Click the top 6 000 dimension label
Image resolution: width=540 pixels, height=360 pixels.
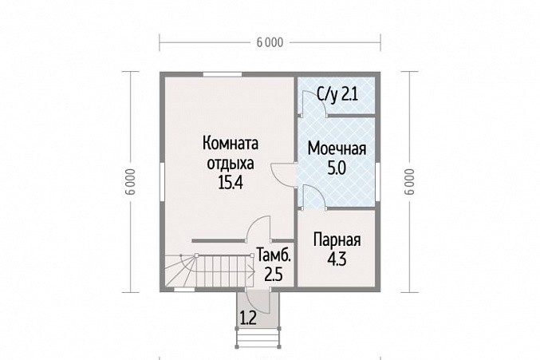tap(270, 42)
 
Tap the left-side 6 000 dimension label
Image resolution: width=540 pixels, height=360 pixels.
tap(131, 181)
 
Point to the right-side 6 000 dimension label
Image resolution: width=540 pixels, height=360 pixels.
tap(409, 181)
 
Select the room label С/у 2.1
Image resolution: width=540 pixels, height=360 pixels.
tap(337, 94)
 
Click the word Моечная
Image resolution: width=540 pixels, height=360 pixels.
tap(337, 148)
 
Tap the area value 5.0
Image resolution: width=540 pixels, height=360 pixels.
tap(337, 168)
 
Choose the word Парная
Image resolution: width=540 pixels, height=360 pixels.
tap(337, 239)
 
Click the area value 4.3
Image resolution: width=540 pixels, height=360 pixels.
tap(337, 259)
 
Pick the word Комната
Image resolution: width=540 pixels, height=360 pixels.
tap(231, 143)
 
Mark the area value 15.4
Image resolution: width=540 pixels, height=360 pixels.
tap(231, 182)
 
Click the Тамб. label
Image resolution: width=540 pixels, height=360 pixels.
tap(274, 255)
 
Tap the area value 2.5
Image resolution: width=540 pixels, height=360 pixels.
tap(274, 275)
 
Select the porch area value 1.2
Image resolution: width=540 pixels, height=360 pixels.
tap(248, 318)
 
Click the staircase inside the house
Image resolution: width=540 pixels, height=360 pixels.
tap(209, 271)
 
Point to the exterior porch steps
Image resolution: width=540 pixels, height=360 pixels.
tap(258, 338)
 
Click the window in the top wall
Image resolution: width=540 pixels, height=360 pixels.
tap(222, 74)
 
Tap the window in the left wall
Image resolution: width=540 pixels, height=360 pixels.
tap(162, 182)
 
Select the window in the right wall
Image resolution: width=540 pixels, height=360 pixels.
tap(378, 182)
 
